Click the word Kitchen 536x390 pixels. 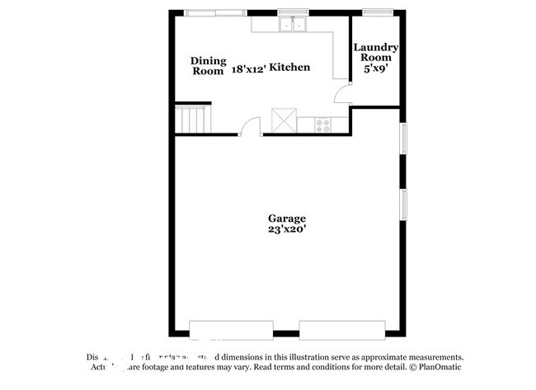(x=289, y=67)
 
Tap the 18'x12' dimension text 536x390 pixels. (x=249, y=67)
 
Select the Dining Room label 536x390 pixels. (x=208, y=66)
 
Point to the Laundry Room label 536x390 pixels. (x=377, y=53)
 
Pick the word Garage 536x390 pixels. (x=286, y=218)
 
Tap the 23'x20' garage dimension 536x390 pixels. (x=286, y=231)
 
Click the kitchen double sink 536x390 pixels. (x=292, y=25)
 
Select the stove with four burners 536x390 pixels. (x=323, y=125)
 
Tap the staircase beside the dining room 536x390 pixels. (x=192, y=120)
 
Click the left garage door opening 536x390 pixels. (x=219, y=330)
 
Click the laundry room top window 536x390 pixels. (x=378, y=12)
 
